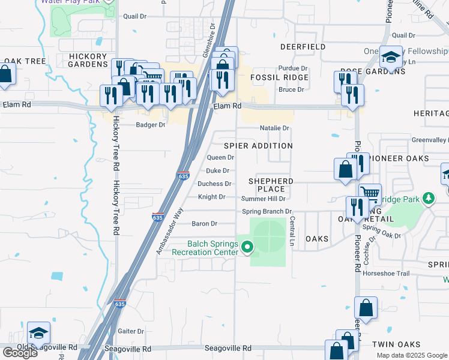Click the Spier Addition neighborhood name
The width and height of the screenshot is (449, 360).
[258, 146]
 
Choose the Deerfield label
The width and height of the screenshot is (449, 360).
[303, 47]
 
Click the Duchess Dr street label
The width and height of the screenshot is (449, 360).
[214, 184]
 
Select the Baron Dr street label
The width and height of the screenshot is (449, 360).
[204, 224]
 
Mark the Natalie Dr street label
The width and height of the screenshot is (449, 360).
[274, 128]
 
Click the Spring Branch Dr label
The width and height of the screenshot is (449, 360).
[267, 211]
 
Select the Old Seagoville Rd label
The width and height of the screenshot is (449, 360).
[47, 347]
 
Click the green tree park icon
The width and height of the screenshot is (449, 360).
[428, 198]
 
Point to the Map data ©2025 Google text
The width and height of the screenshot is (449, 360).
[411, 355]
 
